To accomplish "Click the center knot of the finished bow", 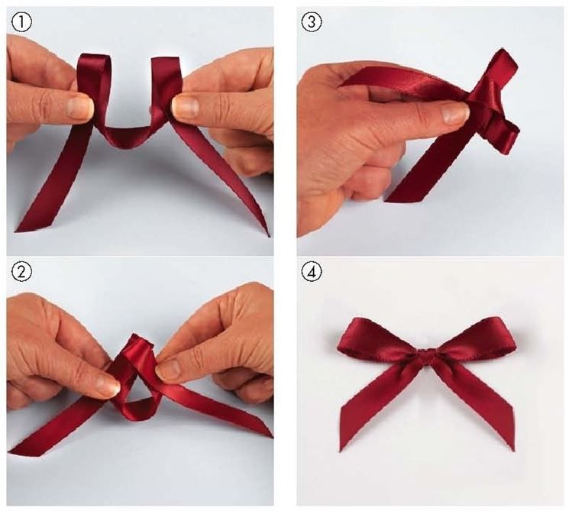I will (427, 356).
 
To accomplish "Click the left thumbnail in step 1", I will (78, 108).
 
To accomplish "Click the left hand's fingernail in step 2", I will (107, 386).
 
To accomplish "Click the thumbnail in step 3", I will (454, 113).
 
